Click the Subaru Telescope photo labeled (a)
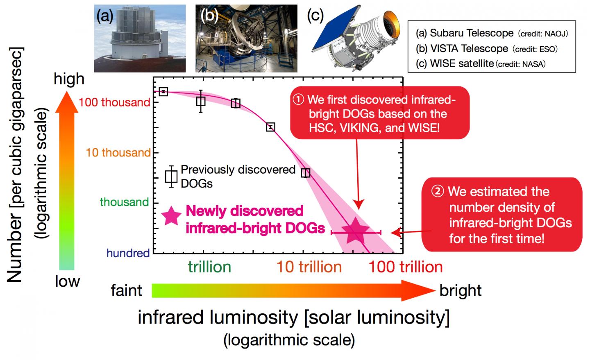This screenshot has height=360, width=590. pyautogui.click(x=140, y=38)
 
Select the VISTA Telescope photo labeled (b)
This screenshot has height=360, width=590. pyautogui.click(x=246, y=38)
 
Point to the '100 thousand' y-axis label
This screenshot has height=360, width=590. pyautogui.click(x=114, y=102)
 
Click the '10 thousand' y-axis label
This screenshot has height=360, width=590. pyautogui.click(x=118, y=152)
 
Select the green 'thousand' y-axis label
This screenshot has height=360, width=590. pyautogui.click(x=124, y=202)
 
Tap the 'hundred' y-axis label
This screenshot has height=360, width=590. pyautogui.click(x=128, y=253)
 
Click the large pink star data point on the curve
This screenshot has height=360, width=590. pyautogui.click(x=356, y=231)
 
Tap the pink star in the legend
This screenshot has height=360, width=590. pyautogui.click(x=171, y=215)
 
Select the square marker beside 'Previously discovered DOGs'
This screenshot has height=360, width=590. pyautogui.click(x=171, y=177)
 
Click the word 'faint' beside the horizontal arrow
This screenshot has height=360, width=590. pyautogui.click(x=127, y=290)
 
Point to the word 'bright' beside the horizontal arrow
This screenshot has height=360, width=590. pyautogui.click(x=461, y=291)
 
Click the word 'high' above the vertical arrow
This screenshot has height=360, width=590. pyautogui.click(x=69, y=79)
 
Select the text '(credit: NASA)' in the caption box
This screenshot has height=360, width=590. pyautogui.click(x=521, y=64)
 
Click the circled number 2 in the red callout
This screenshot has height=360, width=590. pyautogui.click(x=438, y=191)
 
